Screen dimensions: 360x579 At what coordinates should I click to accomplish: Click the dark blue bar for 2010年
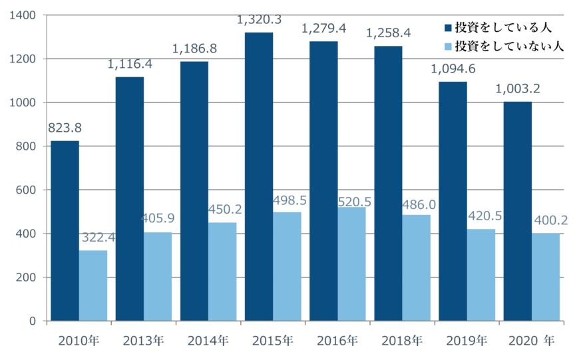65,230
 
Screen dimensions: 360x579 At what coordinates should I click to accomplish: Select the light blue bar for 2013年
158,275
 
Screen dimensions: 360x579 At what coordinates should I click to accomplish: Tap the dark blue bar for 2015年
259,176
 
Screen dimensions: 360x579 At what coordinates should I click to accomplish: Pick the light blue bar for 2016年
352,264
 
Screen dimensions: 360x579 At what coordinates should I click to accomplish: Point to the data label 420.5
481,216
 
